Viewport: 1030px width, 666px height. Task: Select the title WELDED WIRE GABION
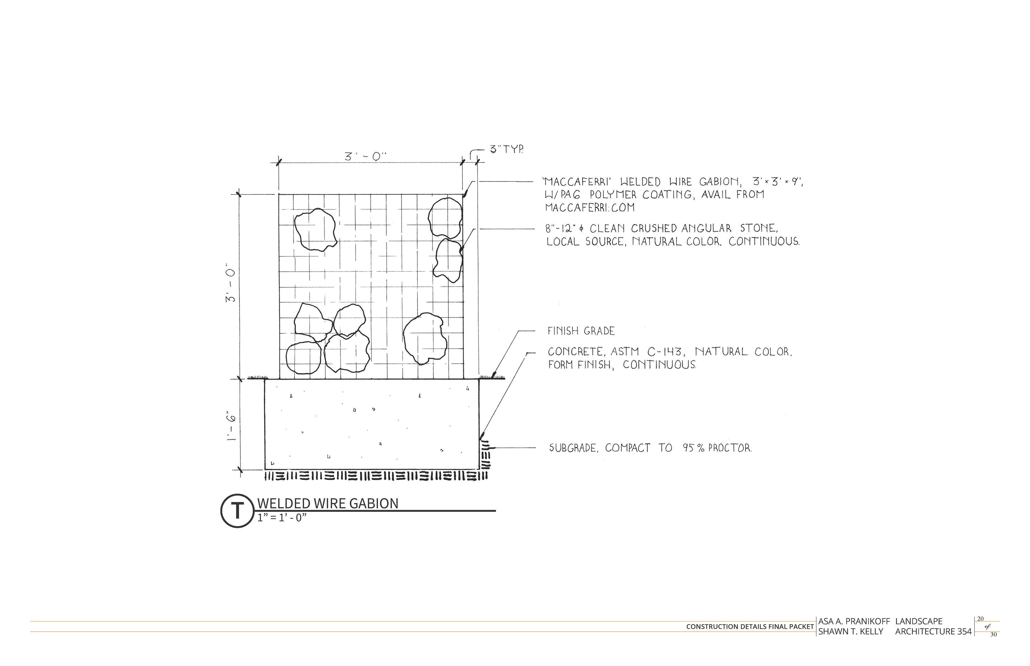328,503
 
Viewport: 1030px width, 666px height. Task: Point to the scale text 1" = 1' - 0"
282,518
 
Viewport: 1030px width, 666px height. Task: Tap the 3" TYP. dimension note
506,150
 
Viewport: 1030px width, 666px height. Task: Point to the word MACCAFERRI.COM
590,208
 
